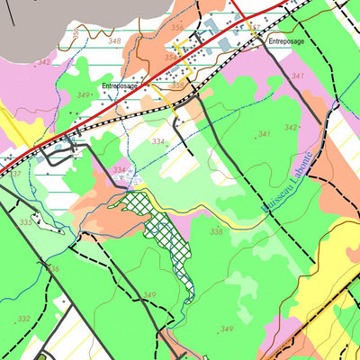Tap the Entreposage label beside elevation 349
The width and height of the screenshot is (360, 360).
pos(121,86)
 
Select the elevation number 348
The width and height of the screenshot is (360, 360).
pos(113,41)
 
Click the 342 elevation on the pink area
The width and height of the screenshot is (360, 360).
pos(44,62)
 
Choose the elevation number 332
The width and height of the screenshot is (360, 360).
pos(23,319)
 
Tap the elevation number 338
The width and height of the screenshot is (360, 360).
pos(216,232)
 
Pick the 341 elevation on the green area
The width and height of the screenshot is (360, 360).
pos(264,134)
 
